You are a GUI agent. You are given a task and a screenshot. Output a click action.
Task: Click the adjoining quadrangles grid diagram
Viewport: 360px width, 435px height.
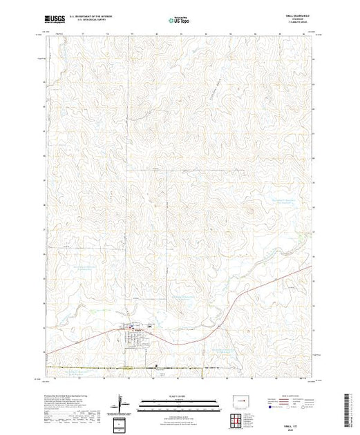(x=240, y=420)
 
